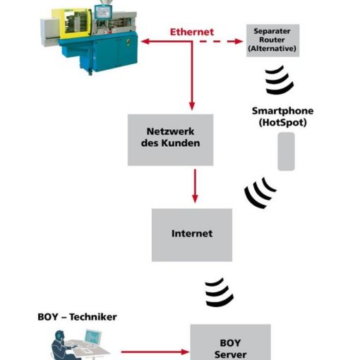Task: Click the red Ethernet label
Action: click(192, 32)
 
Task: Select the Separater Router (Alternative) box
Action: click(272, 40)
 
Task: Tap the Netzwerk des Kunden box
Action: click(170, 140)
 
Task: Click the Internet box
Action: click(192, 235)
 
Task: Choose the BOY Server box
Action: click(230, 342)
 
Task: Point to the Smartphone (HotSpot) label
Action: click(282, 116)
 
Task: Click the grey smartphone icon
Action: click(286, 151)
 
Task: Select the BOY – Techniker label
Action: click(77, 317)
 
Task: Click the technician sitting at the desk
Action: click(61, 346)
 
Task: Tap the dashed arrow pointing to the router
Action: click(221, 42)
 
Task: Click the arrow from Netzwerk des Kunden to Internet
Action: click(195, 186)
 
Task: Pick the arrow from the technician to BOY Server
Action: click(155, 352)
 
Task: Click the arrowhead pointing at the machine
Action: click(145, 42)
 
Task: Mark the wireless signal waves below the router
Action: click(280, 80)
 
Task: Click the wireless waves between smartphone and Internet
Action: click(259, 193)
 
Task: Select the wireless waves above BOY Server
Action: click(220, 292)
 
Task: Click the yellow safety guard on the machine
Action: click(72, 23)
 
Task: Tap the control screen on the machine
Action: click(103, 11)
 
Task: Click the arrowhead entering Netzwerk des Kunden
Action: click(192, 107)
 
